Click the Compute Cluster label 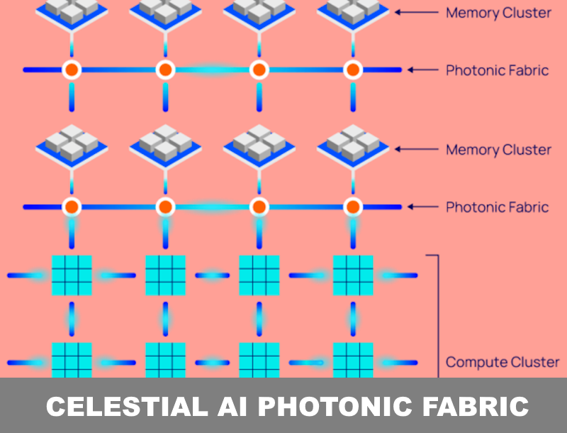502,362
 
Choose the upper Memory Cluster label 498,13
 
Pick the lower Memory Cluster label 498,150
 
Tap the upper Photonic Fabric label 497,70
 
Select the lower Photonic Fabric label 497,207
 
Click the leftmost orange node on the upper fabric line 72,70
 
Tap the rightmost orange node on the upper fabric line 353,70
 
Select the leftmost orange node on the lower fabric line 72,207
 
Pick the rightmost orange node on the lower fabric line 353,207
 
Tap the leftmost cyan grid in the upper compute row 72,275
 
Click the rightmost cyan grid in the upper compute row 353,275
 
